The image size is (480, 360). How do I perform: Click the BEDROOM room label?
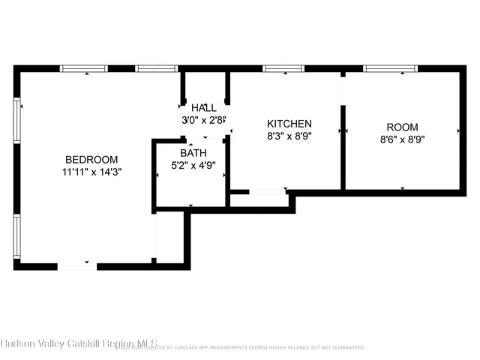pos(91,159)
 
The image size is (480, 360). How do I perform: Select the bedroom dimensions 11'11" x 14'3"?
pos(91,171)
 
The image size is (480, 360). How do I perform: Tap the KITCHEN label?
pos(289,124)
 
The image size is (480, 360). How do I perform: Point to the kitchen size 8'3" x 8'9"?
pos(289,136)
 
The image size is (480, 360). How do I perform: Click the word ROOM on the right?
pos(402,127)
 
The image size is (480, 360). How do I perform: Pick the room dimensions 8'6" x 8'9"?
pos(402,139)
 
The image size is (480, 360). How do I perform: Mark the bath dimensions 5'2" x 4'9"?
pos(192,165)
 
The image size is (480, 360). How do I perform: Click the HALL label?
pos(204,108)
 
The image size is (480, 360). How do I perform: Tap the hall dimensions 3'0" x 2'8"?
pos(204,120)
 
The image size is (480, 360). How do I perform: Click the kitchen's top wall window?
pos(283,69)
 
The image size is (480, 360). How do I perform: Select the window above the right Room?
pos(390,69)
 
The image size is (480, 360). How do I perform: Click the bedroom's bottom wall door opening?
pos(77,265)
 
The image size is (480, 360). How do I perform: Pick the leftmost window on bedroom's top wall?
pos(83,69)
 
